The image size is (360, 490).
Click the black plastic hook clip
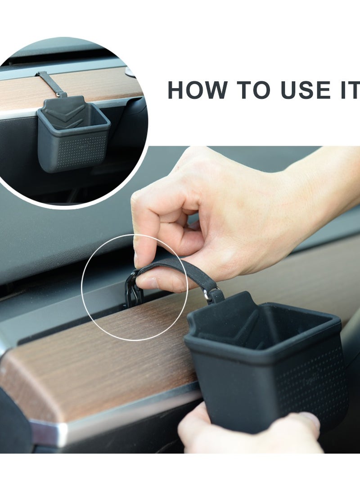point(134,290)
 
